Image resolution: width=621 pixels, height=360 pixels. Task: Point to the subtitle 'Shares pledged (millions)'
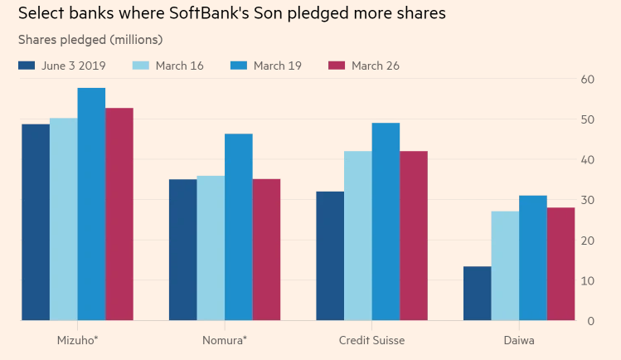pyautogui.click(x=90, y=40)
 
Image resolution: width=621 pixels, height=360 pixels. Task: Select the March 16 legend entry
pyautogui.click(x=167, y=66)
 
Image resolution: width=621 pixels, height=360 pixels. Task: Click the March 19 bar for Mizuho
pyautogui.click(x=91, y=204)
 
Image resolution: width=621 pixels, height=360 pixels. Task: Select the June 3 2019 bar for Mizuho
pyautogui.click(x=36, y=222)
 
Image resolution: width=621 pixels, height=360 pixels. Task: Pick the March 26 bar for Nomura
pyautogui.click(x=266, y=250)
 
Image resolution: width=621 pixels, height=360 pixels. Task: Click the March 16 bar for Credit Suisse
pyautogui.click(x=358, y=236)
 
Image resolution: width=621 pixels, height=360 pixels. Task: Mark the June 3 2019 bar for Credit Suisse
pyautogui.click(x=330, y=256)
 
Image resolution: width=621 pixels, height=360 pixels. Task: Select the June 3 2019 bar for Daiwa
pyautogui.click(x=478, y=294)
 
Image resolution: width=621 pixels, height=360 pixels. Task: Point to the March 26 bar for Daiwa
pyautogui.click(x=561, y=264)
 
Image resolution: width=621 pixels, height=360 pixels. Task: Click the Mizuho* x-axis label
pyautogui.click(x=76, y=340)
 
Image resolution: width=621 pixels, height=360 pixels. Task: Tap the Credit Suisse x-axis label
pyautogui.click(x=371, y=340)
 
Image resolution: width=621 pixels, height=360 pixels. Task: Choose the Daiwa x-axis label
pyautogui.click(x=518, y=340)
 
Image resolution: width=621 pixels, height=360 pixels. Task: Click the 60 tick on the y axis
pyautogui.click(x=588, y=80)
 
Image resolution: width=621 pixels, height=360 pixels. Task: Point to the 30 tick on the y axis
pyautogui.click(x=588, y=200)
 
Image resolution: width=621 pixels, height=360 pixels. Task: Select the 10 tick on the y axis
pyautogui.click(x=588, y=280)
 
